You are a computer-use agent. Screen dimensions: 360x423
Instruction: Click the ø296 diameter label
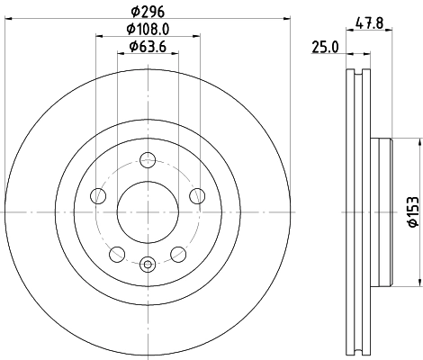click(148, 12)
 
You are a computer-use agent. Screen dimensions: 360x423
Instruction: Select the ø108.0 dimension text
click(149, 29)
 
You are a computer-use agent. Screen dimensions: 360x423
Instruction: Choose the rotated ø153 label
click(410, 213)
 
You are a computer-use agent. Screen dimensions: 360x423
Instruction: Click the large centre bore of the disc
click(148, 213)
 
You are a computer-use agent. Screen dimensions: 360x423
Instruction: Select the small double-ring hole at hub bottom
click(148, 264)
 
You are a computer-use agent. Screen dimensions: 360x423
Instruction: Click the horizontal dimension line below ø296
click(148, 20)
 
